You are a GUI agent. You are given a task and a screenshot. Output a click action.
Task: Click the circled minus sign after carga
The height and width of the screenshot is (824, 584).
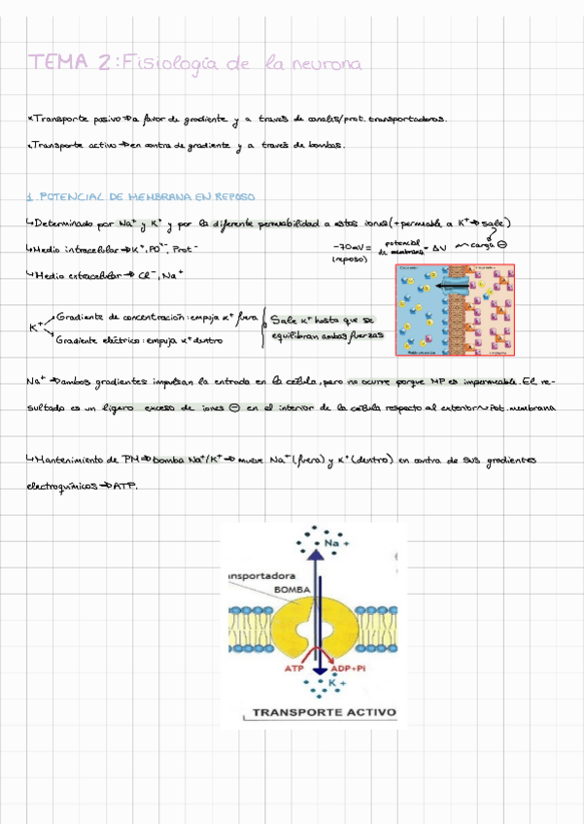point(502,245)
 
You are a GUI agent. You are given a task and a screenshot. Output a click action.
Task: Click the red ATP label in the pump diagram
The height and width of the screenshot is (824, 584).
point(293,669)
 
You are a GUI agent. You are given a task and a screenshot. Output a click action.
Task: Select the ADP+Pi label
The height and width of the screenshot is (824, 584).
point(348,669)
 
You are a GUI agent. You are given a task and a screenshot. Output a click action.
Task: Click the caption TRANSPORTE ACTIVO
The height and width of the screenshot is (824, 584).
point(325,712)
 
